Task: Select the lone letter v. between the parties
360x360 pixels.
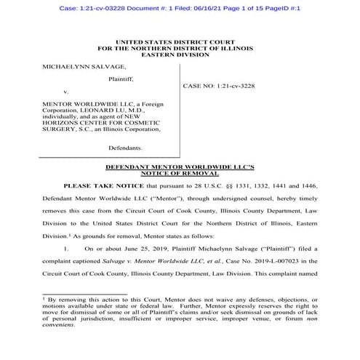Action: click(66, 92)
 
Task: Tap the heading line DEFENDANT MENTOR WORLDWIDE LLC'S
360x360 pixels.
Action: click(179, 167)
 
